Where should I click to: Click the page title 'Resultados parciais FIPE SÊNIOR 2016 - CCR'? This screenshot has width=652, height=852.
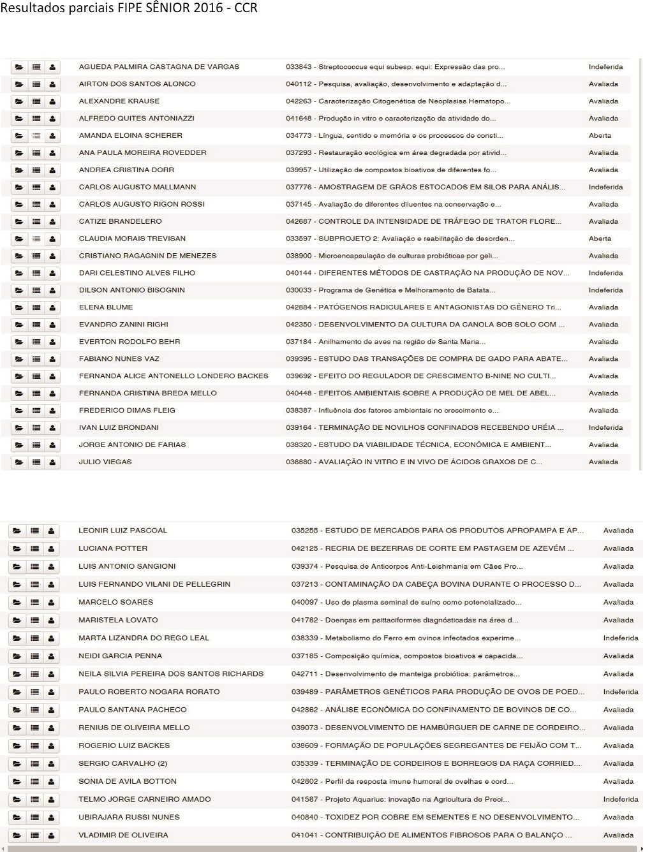click(x=129, y=8)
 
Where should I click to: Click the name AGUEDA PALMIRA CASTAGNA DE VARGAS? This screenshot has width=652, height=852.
click(x=159, y=67)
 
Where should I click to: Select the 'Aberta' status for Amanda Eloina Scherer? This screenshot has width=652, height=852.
click(x=600, y=136)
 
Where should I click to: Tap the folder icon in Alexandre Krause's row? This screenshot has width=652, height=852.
click(x=19, y=101)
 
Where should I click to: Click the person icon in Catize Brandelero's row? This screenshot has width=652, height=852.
click(x=52, y=222)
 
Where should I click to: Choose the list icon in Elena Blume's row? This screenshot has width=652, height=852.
click(x=36, y=308)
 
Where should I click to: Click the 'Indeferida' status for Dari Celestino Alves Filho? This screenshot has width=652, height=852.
click(x=605, y=273)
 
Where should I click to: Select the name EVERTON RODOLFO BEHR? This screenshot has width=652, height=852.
click(x=130, y=342)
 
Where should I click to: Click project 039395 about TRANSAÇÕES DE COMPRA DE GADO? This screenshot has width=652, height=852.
click(x=426, y=359)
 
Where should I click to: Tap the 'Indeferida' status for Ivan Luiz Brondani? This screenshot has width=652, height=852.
click(x=605, y=428)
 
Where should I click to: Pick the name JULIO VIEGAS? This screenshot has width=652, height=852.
click(x=105, y=462)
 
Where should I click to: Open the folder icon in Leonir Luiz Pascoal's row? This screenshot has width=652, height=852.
click(x=17, y=531)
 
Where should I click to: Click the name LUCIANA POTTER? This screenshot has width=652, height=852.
click(x=113, y=548)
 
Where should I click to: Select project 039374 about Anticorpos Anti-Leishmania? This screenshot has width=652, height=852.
click(x=407, y=566)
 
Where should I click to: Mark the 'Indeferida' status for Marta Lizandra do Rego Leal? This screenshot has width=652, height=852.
click(x=620, y=638)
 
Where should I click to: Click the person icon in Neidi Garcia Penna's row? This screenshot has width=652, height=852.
click(x=51, y=656)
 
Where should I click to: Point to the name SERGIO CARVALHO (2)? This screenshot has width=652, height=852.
click(x=122, y=763)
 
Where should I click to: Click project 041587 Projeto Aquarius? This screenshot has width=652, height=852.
click(x=400, y=799)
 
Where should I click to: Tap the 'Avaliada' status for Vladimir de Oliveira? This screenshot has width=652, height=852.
click(x=618, y=835)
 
